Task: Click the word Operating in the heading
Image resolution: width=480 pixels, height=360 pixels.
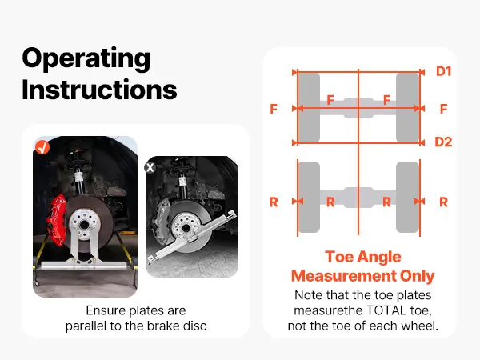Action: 86,59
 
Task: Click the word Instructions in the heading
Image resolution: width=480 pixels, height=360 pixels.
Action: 99,90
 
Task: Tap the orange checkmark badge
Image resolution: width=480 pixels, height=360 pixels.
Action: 42,147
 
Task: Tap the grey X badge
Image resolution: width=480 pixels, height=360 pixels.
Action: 150,167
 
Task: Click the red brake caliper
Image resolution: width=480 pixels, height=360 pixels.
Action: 57,220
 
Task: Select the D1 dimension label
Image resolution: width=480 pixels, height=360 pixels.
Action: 444,71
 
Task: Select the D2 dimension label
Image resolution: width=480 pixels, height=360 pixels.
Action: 443,142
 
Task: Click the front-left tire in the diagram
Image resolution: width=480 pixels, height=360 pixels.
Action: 309,108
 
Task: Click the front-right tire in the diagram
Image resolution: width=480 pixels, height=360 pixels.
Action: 407,108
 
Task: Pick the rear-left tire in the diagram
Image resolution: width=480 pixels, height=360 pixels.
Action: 309,197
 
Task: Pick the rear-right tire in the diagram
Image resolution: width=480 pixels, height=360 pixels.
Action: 407,197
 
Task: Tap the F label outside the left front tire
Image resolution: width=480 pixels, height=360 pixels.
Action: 274,109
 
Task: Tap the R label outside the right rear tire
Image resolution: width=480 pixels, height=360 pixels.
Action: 443,202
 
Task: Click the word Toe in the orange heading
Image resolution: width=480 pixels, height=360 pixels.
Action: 338,257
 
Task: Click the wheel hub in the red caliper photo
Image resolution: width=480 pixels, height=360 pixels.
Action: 84,225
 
